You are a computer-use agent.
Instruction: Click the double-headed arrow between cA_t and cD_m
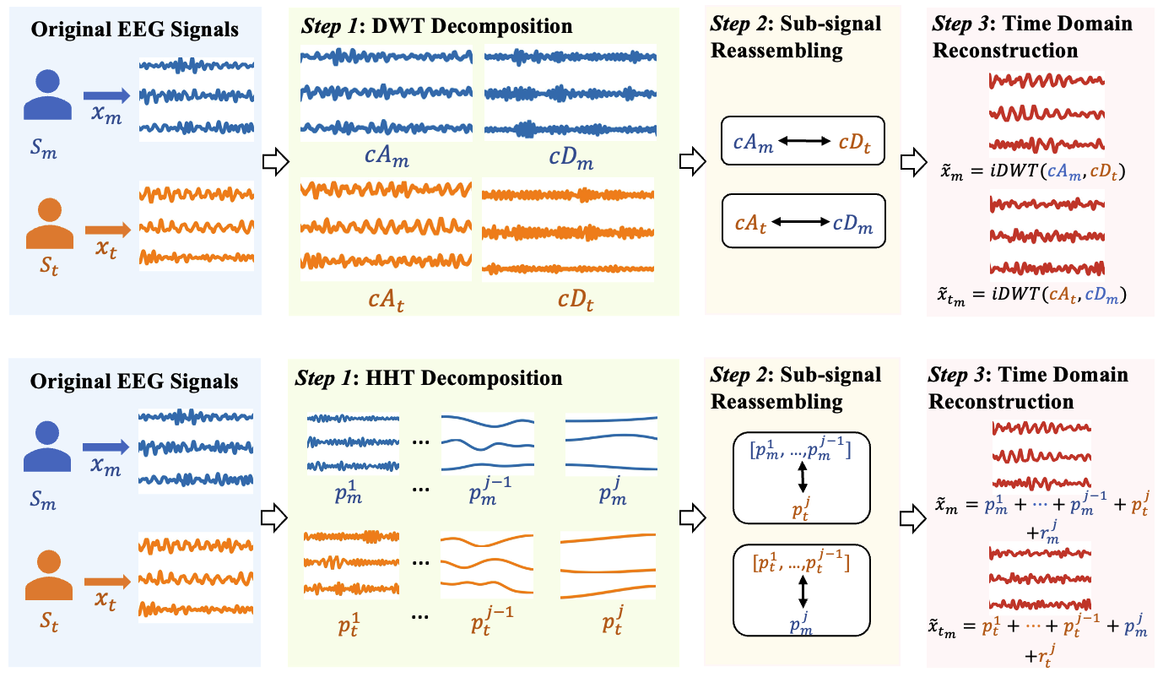click(x=802, y=223)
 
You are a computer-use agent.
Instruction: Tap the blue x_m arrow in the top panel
click(x=105, y=95)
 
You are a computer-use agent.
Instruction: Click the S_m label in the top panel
click(x=46, y=152)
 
